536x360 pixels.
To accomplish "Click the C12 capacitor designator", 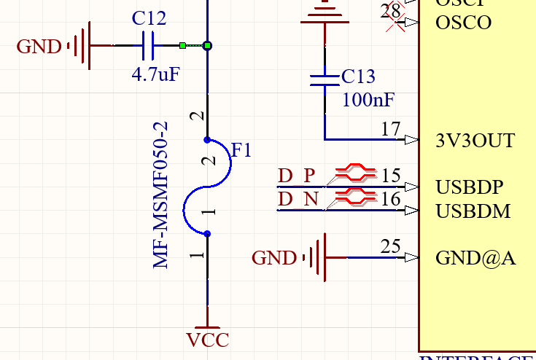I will [x=149, y=18].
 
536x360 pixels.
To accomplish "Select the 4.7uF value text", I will [x=155, y=74].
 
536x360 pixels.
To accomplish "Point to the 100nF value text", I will [x=368, y=99].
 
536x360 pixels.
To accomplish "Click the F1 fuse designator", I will [x=241, y=151].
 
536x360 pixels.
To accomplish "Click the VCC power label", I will [x=208, y=340].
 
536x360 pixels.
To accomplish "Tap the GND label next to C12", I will [x=39, y=47].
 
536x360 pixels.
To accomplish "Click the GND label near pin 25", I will [x=274, y=258].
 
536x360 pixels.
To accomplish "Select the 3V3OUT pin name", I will [x=474, y=140].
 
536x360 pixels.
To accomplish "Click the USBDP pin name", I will [x=470, y=187].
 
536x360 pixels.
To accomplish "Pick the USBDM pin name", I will [x=473, y=211].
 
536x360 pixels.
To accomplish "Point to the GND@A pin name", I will [x=475, y=258].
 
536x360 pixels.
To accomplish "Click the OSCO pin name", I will [x=463, y=23].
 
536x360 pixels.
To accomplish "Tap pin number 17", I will [x=391, y=130].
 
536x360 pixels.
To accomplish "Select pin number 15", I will [x=391, y=176].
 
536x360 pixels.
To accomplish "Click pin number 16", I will [x=391, y=200].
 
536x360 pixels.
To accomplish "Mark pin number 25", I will [x=391, y=246].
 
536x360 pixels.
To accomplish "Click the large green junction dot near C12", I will [x=208, y=46].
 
